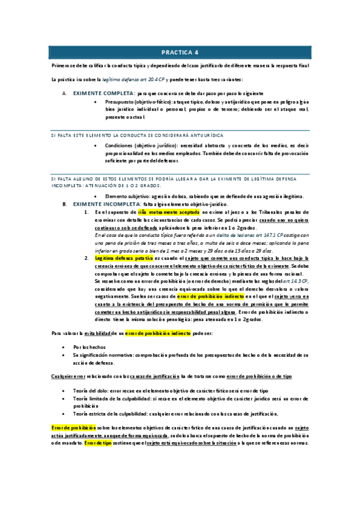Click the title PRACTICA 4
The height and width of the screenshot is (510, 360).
(x=180, y=52)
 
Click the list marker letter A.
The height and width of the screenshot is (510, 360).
(x=64, y=94)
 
